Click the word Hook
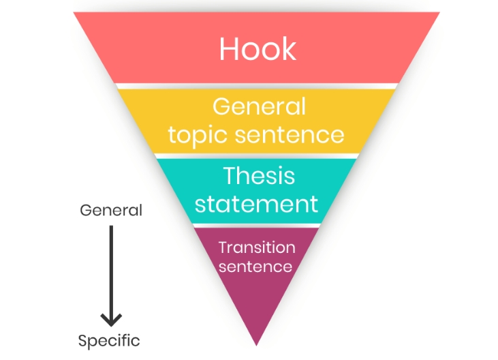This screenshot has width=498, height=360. pyautogui.click(x=258, y=48)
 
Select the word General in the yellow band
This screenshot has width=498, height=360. pyautogui.click(x=259, y=106)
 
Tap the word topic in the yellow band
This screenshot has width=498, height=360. pyautogui.click(x=198, y=136)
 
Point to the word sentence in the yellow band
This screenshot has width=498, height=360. pyautogui.click(x=290, y=135)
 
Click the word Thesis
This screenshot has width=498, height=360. pyautogui.click(x=259, y=175)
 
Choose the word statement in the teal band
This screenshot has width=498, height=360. pyautogui.click(x=256, y=204)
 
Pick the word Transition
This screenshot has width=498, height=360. pyautogui.click(x=257, y=247)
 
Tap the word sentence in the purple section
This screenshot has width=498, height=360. pyautogui.click(x=255, y=267)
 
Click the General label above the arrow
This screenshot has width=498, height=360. pyautogui.click(x=111, y=211)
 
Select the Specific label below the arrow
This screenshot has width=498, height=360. pyautogui.click(x=109, y=341)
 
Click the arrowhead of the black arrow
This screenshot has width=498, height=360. pyautogui.click(x=111, y=319)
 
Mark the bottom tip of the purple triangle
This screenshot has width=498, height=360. pyautogui.click(x=256, y=346)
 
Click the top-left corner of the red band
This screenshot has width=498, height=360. pyautogui.click(x=74, y=12)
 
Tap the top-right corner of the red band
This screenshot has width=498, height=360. pyautogui.click(x=439, y=12)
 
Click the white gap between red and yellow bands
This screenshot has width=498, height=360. pyautogui.click(x=256, y=86)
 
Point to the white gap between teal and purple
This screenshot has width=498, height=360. pyautogui.click(x=256, y=226)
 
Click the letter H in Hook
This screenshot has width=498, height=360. pyautogui.click(x=229, y=48)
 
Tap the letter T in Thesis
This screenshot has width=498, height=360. pyautogui.click(x=231, y=175)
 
